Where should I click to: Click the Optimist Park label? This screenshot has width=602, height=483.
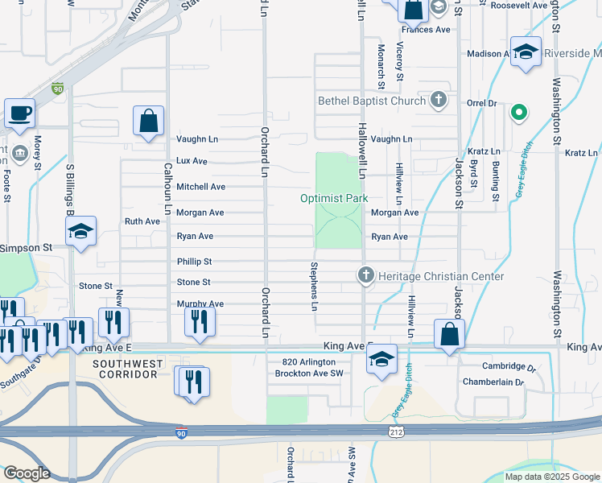(x=333, y=198)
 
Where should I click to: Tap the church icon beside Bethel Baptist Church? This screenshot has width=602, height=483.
(x=438, y=101)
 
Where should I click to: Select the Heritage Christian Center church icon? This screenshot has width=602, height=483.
(x=366, y=276)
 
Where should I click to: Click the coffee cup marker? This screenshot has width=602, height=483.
(x=19, y=114)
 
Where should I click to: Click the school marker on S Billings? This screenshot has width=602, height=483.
(x=80, y=232)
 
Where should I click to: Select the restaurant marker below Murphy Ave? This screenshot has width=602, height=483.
(x=199, y=322)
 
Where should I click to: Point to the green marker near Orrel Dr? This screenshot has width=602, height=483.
(x=519, y=113)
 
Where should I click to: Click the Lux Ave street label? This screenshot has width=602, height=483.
(x=192, y=161)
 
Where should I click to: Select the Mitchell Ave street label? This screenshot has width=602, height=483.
(x=200, y=187)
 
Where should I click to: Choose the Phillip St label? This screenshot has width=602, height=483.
(x=194, y=262)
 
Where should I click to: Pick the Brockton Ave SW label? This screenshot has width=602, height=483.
(x=309, y=374)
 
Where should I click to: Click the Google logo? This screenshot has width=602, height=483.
(x=27, y=473)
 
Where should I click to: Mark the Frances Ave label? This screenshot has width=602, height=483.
(x=426, y=30)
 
